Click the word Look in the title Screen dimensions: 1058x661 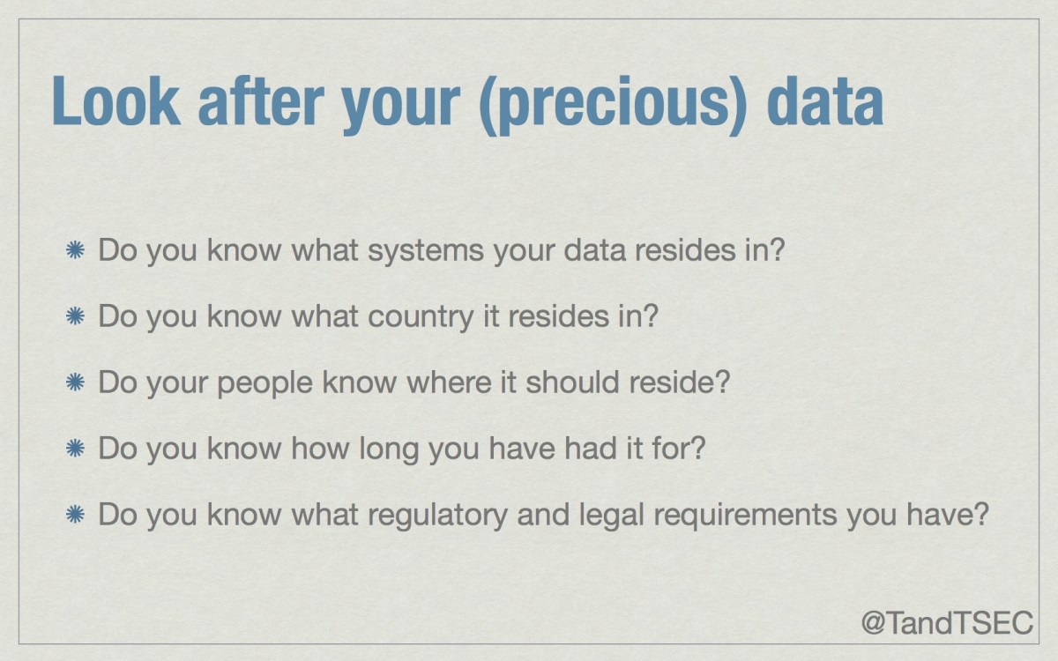115,101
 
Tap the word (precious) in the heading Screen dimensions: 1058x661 613,105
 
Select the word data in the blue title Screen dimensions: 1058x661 825,101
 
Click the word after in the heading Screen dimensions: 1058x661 261,101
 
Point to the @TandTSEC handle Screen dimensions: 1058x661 947,623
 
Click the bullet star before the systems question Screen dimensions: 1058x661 75,249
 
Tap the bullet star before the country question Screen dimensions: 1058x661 75,316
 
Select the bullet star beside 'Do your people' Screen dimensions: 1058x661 75,382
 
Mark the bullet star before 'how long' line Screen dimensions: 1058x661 75,448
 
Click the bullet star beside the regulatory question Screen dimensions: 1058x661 75,514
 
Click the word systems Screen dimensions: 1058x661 426,252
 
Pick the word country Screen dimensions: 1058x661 421,318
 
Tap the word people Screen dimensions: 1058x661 264,384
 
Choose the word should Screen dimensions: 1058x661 572,382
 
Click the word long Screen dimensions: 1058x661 389,449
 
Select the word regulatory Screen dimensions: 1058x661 437,516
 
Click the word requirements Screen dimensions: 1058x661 746,516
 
